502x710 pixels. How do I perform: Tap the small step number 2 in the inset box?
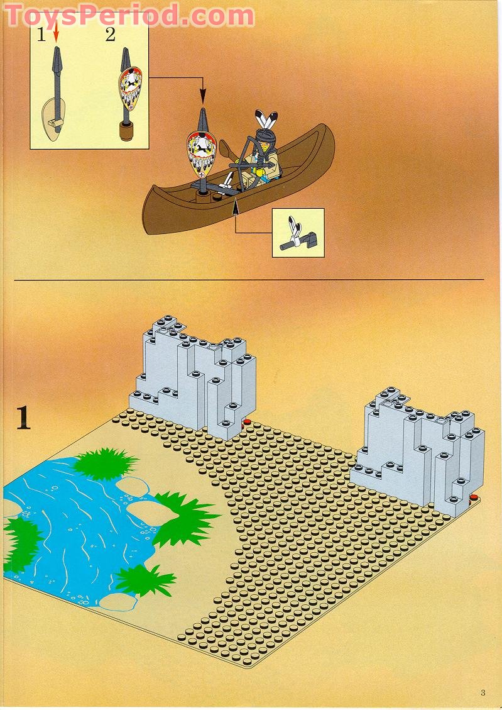point(111,35)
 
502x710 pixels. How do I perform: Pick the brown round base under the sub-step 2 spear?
point(128,130)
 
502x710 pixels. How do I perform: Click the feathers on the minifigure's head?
point(265,121)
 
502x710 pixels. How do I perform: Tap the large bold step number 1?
point(23,418)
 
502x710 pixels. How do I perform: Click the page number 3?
point(483,693)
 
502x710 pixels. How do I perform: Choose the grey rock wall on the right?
point(418,450)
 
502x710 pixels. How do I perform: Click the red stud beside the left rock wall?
point(247,422)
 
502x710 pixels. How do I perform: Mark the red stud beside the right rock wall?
point(473,500)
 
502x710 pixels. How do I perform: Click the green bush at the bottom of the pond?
point(145,580)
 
